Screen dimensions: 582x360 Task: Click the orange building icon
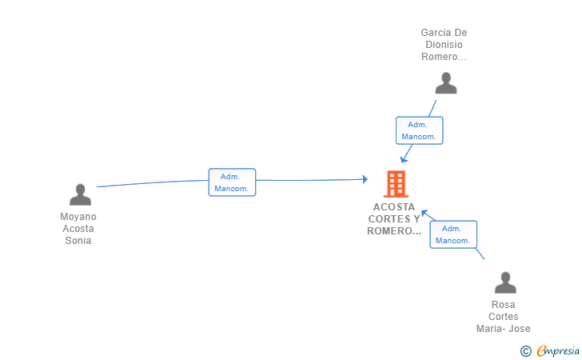[x=396, y=183]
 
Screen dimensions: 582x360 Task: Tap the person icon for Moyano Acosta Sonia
[x=80, y=194]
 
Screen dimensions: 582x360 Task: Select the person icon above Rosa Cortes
[x=505, y=282]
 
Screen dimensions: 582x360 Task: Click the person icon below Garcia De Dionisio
[x=446, y=83]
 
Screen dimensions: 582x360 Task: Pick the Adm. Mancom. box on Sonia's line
[x=232, y=182]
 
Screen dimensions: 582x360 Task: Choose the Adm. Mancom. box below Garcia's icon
[x=419, y=130]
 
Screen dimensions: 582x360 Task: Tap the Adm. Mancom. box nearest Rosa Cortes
[x=453, y=234]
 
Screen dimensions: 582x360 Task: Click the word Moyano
[x=78, y=217]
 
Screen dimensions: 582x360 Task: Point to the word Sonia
[x=78, y=241]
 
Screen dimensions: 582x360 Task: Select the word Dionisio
[x=444, y=45]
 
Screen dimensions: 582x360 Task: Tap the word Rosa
[x=504, y=305]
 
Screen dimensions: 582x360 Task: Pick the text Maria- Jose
[x=504, y=329]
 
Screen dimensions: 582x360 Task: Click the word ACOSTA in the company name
[x=394, y=207]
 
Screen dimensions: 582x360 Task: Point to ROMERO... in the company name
[x=394, y=231]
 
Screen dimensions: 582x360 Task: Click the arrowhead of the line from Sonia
[x=365, y=179]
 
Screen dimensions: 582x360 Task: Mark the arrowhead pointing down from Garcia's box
[x=404, y=160]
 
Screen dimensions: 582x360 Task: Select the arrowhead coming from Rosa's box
[x=425, y=213]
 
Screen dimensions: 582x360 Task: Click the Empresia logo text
[x=558, y=350]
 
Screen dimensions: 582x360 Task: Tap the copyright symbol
[x=526, y=351]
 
